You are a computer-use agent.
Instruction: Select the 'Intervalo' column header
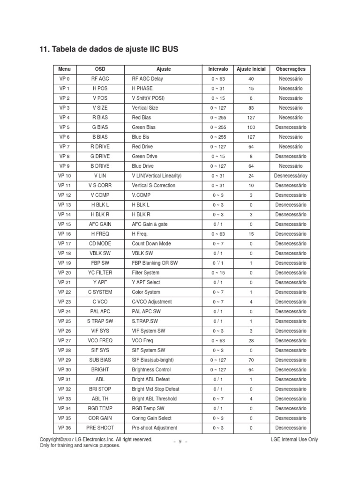point(218,69)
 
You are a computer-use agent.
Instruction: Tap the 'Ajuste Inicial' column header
point(251,69)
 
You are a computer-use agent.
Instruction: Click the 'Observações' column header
point(290,69)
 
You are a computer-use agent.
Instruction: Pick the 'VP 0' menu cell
point(64,79)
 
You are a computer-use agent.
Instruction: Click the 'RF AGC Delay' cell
point(148,79)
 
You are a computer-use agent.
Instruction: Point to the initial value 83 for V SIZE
point(251,108)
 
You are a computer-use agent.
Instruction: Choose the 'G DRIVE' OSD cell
point(100,156)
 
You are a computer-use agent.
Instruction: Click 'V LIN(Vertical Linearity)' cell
point(157,176)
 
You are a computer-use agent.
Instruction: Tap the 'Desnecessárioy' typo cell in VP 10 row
point(290,176)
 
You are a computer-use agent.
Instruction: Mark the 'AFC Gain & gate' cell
point(150,224)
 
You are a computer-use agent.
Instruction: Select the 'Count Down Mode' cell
point(151,244)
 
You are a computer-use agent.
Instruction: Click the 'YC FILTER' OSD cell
point(100,273)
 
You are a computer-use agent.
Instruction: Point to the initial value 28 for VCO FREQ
point(251,341)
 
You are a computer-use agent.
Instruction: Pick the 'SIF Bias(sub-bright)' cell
point(154,360)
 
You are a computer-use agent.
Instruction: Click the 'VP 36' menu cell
point(64,428)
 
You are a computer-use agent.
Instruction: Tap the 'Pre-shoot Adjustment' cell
point(155,428)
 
